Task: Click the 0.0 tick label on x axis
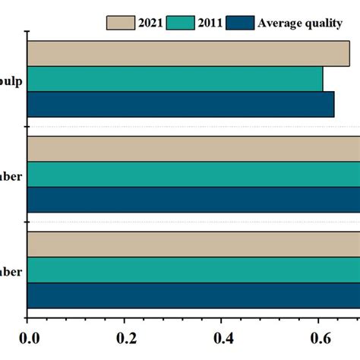coord(28,337)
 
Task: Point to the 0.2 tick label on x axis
coord(125,337)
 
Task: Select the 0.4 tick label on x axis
coord(222,337)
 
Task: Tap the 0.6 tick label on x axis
coord(318,337)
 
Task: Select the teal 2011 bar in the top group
coord(175,79)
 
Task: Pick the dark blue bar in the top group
coord(181,104)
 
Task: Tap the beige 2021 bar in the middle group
coord(194,149)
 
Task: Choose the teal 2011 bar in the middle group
coord(194,174)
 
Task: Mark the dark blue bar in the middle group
coord(194,199)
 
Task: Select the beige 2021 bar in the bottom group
coord(194,245)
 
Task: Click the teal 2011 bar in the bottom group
coord(194,270)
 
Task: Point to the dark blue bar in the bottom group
coord(194,295)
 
